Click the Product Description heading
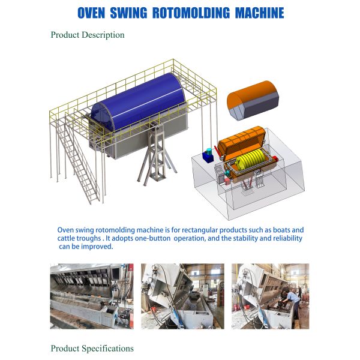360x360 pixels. coord(88,35)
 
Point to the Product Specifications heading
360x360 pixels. coord(92,348)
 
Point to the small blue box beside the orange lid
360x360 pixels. coord(208,155)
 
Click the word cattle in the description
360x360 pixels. coord(70,238)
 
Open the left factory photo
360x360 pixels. coord(92,296)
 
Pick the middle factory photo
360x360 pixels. coord(182,296)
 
